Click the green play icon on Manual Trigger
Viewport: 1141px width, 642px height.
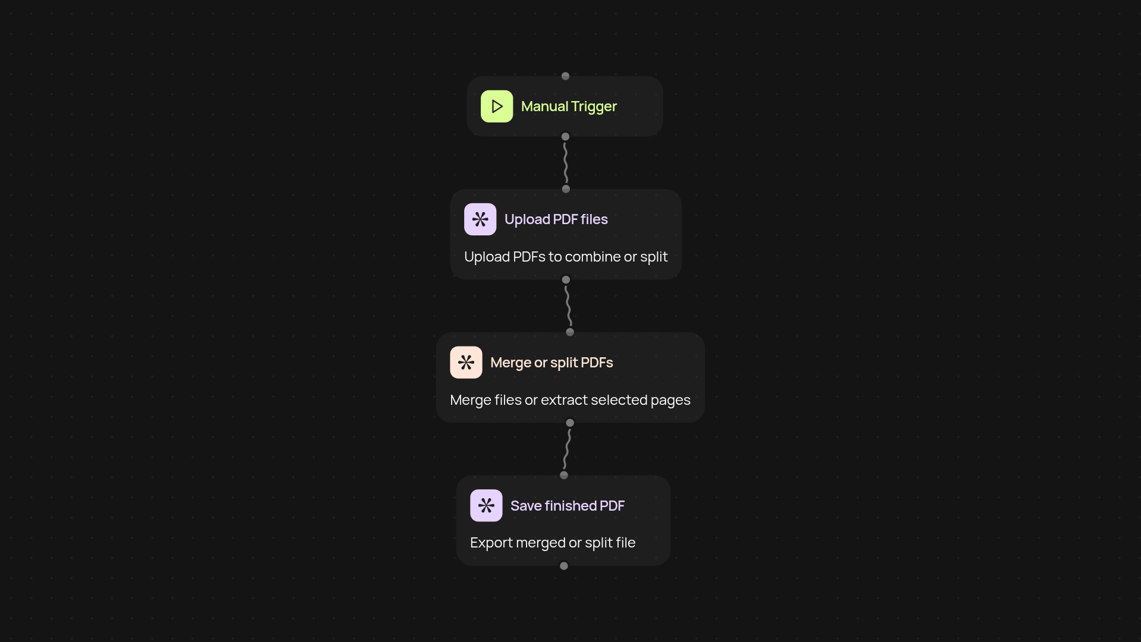(x=497, y=106)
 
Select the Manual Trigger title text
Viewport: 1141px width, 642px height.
(x=569, y=106)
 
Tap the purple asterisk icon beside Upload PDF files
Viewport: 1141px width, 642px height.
(x=480, y=219)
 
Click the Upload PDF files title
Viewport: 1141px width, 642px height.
(x=556, y=219)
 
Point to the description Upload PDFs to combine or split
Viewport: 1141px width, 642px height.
(x=565, y=257)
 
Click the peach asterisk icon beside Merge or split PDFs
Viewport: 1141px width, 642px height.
(x=466, y=363)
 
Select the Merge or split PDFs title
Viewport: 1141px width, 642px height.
(x=551, y=363)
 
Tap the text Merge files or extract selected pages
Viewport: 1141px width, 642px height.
(x=570, y=400)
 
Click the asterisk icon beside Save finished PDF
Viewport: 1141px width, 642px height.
(x=486, y=505)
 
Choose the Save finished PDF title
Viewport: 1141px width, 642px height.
(x=567, y=506)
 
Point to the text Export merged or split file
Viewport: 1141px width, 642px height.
(x=552, y=543)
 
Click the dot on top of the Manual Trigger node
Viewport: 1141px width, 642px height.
(x=565, y=76)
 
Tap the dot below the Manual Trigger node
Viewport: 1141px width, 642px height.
(x=565, y=137)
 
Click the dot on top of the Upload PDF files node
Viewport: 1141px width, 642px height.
(x=566, y=189)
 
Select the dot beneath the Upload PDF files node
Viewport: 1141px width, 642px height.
(x=566, y=279)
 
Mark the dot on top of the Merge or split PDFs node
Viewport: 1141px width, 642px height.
(x=570, y=332)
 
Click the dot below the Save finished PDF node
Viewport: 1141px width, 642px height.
(x=564, y=566)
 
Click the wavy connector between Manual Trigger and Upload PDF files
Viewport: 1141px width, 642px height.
(x=566, y=163)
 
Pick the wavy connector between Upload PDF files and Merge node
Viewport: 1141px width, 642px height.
(x=568, y=306)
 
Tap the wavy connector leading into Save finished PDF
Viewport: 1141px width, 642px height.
(x=567, y=449)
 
